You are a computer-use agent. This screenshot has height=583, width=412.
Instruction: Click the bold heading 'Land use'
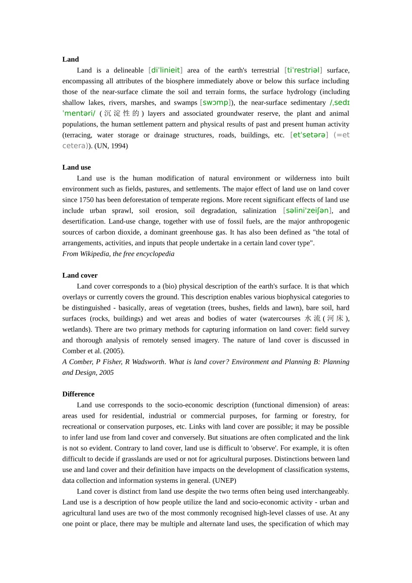click(76, 167)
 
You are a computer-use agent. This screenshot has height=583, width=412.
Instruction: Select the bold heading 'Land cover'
click(80, 275)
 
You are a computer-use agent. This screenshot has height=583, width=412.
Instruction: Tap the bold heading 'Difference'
click(78, 394)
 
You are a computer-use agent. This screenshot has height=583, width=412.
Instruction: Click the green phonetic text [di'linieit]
click(165, 70)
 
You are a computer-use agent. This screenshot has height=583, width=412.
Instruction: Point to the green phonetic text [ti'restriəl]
click(303, 70)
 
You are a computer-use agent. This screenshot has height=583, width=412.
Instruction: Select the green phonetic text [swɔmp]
click(216, 103)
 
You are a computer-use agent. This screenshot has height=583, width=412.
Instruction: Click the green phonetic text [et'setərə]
click(309, 135)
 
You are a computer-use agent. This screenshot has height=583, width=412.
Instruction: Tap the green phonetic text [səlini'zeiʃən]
click(307, 211)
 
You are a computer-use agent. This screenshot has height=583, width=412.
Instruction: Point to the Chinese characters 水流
click(312, 319)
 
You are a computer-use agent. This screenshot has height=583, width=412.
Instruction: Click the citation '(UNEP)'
click(224, 481)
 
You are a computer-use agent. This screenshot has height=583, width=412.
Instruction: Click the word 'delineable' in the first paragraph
click(128, 70)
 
